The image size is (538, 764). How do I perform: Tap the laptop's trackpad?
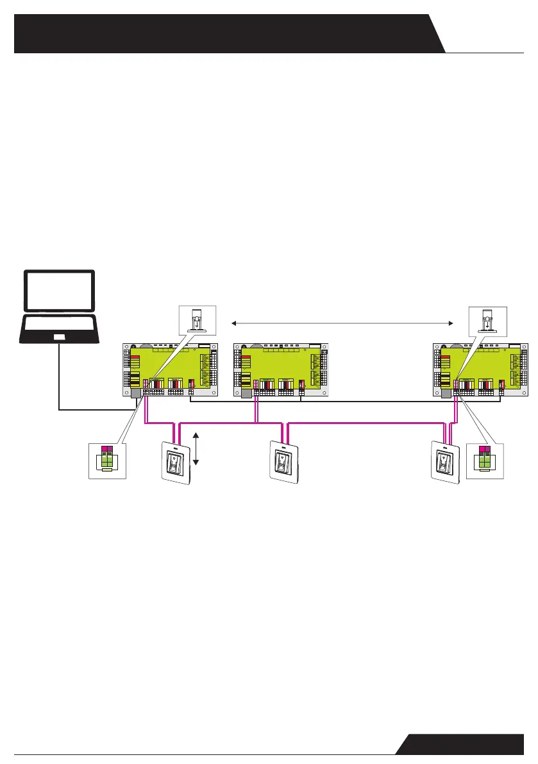(59, 337)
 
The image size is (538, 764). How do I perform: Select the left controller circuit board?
(171, 369)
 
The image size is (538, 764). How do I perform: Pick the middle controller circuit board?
(281, 369)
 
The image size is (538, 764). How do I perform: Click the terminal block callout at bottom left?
(106, 459)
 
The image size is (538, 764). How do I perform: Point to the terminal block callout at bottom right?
(485, 459)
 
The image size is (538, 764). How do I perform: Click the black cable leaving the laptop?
(59, 385)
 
